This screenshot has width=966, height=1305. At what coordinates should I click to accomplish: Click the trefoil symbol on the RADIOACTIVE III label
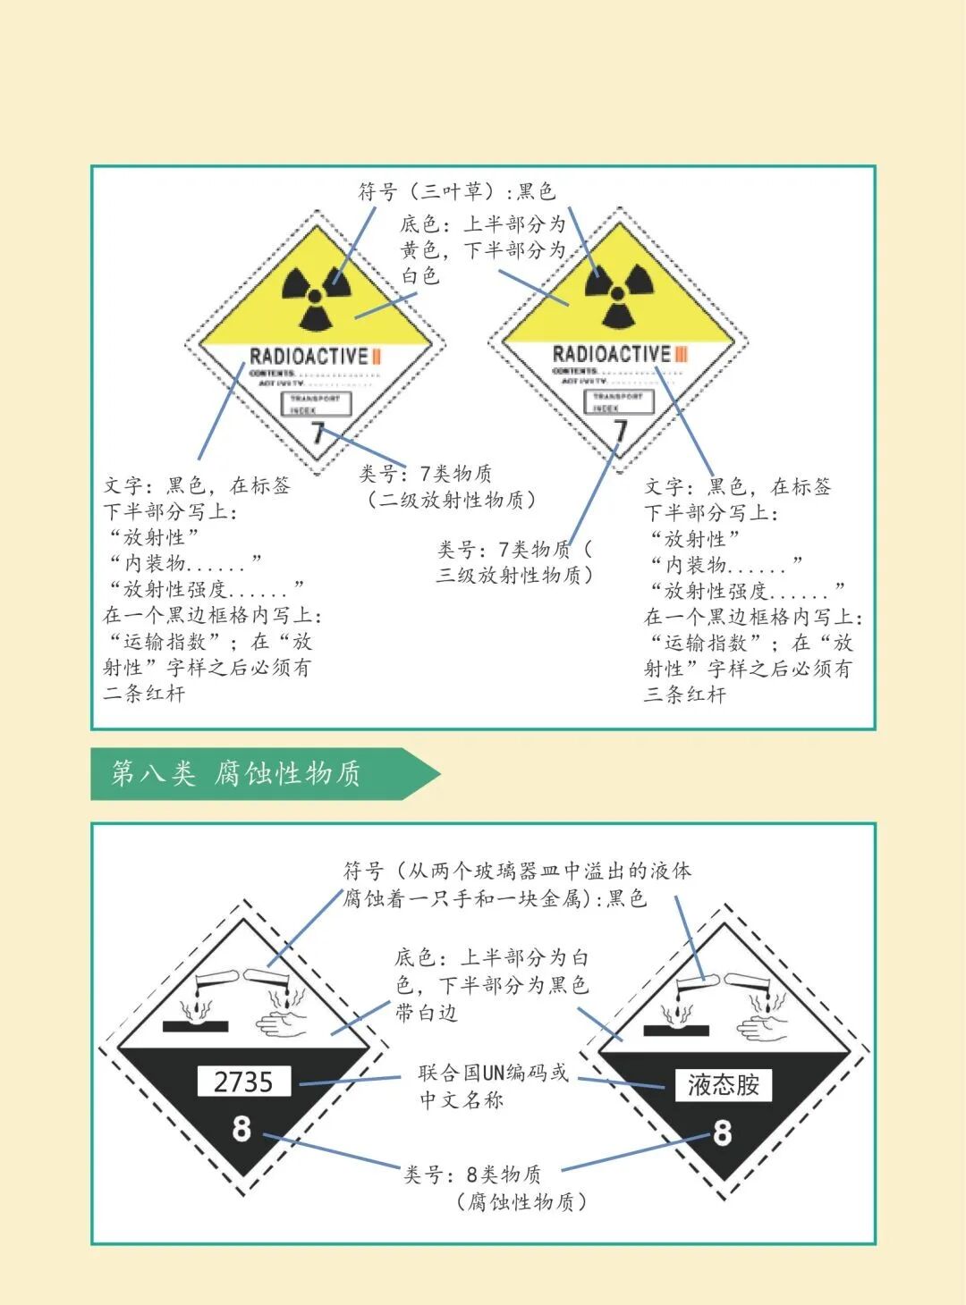point(617,294)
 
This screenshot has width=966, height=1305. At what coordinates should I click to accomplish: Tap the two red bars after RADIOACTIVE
point(377,357)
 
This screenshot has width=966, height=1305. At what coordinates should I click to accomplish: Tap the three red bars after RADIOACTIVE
point(681,355)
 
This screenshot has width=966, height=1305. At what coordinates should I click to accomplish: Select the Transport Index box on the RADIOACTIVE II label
point(315,404)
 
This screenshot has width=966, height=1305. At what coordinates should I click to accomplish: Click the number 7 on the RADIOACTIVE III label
point(620,431)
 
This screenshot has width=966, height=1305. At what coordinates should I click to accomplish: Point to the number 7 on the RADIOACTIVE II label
point(317,434)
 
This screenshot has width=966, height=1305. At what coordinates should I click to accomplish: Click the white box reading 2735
point(243,1082)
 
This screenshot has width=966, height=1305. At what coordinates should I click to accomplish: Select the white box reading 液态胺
point(723,1085)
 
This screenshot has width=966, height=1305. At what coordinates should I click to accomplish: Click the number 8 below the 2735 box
point(241,1129)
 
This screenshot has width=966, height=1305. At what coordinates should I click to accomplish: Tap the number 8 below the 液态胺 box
point(722,1132)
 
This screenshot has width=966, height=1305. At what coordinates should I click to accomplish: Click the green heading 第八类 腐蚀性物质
point(237,773)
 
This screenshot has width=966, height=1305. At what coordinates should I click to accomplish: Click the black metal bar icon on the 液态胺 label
point(676,1031)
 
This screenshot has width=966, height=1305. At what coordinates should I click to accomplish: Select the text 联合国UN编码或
point(493,1073)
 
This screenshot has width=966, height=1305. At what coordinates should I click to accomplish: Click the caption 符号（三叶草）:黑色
point(456,191)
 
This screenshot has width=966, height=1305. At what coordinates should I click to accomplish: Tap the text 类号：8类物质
point(472,1174)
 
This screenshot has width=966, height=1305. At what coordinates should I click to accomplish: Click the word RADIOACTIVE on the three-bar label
point(611,355)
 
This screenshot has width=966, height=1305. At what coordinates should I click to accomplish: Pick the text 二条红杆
point(144,694)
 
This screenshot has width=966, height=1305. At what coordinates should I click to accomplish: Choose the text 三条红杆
point(684,695)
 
